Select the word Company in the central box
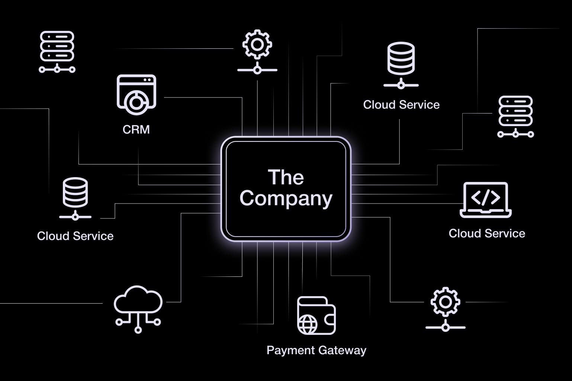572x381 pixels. [286, 198]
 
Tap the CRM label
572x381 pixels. [136, 129]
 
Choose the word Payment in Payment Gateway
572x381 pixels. [288, 350]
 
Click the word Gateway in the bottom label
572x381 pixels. [343, 350]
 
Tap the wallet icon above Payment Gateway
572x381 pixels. [316, 316]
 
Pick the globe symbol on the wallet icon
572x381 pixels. [308, 324]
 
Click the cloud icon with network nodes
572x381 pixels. [138, 308]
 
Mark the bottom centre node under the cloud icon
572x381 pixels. [138, 330]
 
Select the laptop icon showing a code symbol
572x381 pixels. [486, 200]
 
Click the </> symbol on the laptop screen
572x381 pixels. [486, 198]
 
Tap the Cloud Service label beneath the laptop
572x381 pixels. [487, 233]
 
